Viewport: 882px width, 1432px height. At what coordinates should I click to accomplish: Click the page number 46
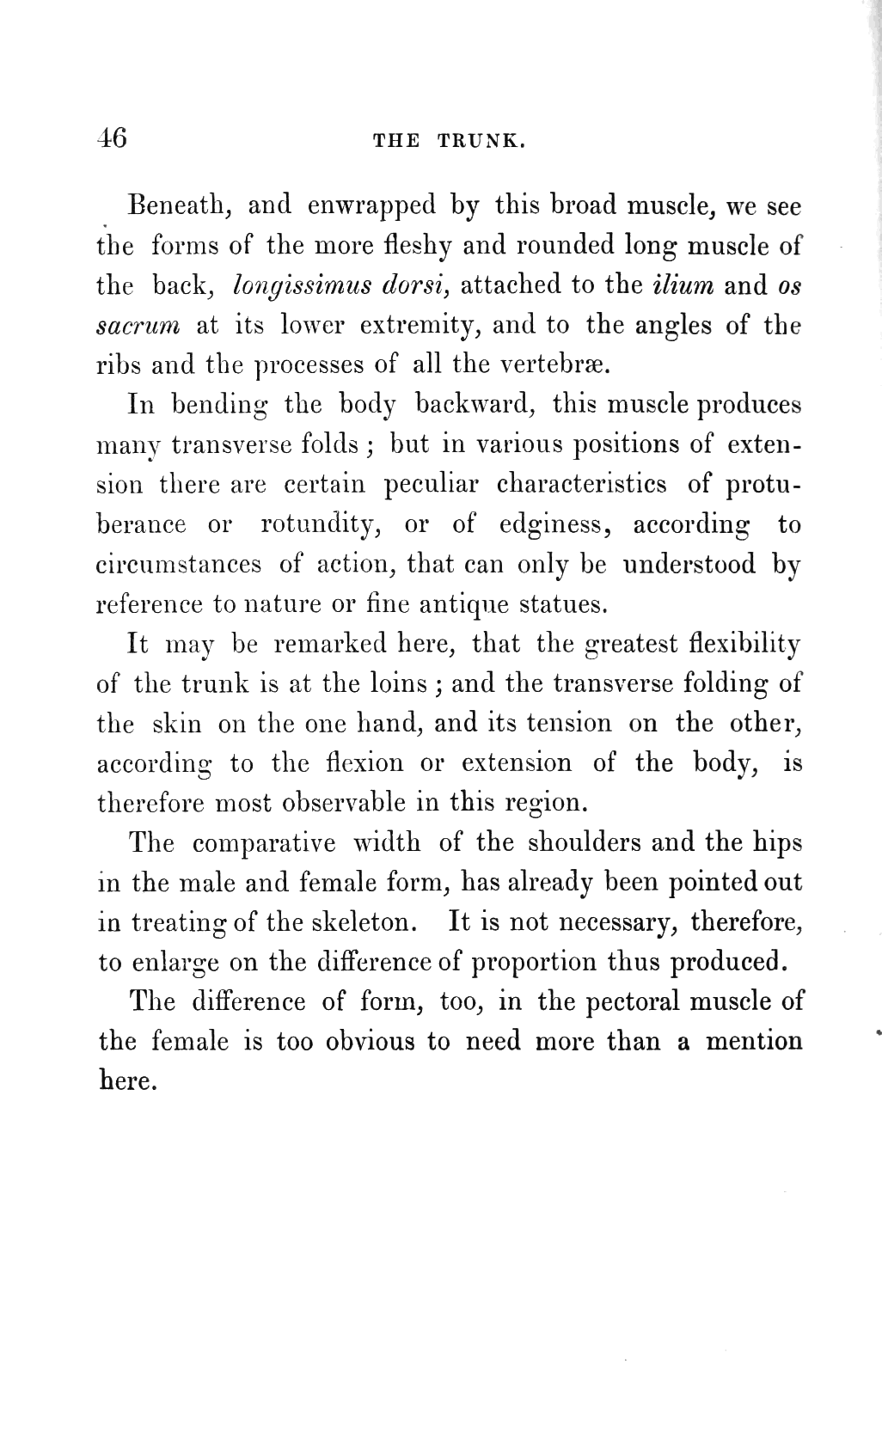(113, 138)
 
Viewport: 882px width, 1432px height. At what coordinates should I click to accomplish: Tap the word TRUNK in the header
(481, 142)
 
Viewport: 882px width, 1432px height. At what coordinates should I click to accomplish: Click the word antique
(465, 605)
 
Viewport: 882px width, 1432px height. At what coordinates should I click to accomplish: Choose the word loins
(395, 683)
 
